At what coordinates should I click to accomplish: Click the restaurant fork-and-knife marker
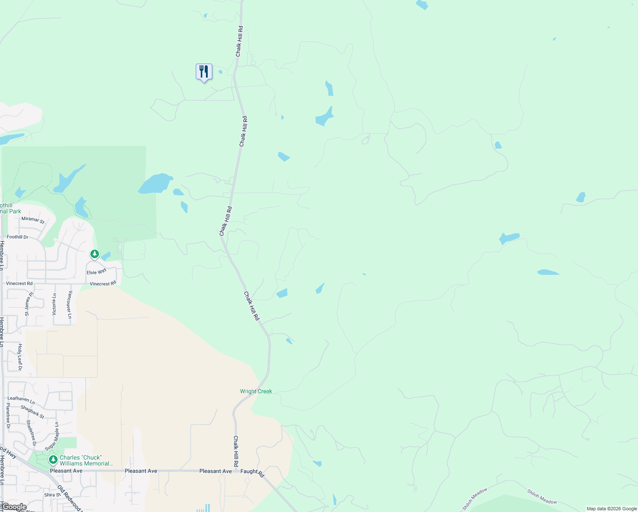tap(204, 72)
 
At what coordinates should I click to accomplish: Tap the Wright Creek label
tap(256, 391)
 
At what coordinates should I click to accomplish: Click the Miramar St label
tap(33, 220)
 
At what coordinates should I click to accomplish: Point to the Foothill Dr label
tap(17, 237)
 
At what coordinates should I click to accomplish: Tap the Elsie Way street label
tap(96, 272)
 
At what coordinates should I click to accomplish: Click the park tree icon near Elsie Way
tap(94, 254)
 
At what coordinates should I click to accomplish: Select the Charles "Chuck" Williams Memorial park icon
tap(53, 460)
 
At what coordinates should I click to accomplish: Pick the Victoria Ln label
tap(54, 304)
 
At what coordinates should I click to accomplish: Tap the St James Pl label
tap(29, 304)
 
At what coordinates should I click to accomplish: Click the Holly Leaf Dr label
tap(20, 357)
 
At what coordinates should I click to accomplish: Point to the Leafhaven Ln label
tap(21, 400)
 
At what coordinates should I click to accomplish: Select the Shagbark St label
tap(32, 412)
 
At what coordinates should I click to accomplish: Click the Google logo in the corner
tap(14, 507)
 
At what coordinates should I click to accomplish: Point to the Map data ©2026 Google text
tap(612, 509)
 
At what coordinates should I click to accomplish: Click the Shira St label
tap(49, 495)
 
